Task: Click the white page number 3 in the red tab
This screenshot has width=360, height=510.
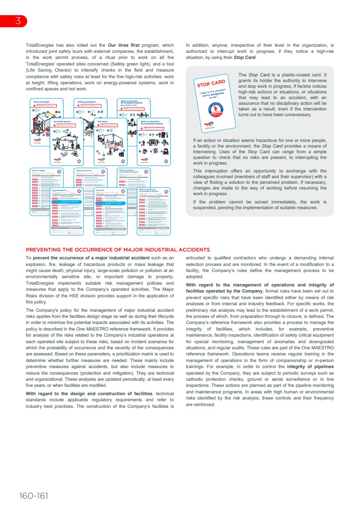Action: pos(17,21)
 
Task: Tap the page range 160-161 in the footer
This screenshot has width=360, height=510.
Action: pos(34,496)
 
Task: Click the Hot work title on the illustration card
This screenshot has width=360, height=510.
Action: pos(103,121)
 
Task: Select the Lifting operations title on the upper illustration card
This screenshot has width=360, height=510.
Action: pos(86,101)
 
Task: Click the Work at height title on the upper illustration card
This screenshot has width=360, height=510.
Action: pos(40,101)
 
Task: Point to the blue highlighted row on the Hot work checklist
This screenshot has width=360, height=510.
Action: pos(110,203)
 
